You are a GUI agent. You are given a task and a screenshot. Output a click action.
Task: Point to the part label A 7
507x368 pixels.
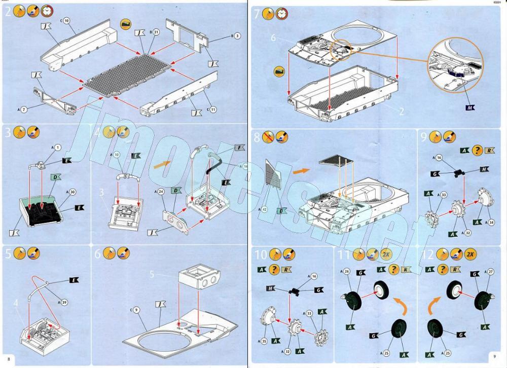coord(24,109)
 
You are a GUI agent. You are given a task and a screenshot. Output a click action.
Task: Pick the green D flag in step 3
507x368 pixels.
coord(56,177)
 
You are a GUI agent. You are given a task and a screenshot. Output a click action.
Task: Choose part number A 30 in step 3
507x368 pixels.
coord(73,192)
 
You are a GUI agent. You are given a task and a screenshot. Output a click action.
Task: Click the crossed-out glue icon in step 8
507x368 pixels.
coord(269,136)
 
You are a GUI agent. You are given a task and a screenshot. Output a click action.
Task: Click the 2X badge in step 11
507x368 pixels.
coord(386,254)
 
